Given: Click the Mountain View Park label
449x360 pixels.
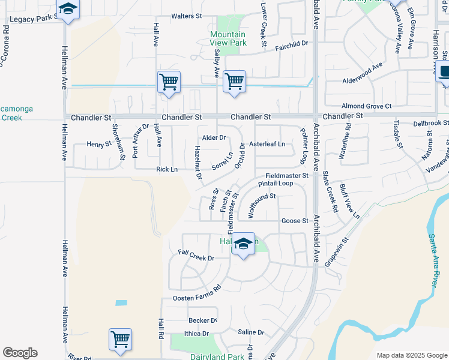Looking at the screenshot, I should pos(228,39).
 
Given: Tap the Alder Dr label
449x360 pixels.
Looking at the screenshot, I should pos(214,137).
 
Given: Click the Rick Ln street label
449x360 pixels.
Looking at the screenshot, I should pos(167,170).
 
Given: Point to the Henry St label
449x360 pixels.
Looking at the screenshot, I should pos(99,144).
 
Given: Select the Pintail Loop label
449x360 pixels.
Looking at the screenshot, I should pos(276,183).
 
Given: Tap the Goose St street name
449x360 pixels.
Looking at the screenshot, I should pos(295,221).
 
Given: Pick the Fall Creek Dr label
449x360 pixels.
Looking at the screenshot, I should pos(196,257).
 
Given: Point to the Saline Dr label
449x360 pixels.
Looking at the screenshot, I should pos(251,332).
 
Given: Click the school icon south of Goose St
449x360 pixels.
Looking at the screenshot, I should pos(243,245).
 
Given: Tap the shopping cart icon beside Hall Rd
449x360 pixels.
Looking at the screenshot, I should pos(120,339).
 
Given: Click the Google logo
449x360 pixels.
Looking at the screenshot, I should pos(20,353).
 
